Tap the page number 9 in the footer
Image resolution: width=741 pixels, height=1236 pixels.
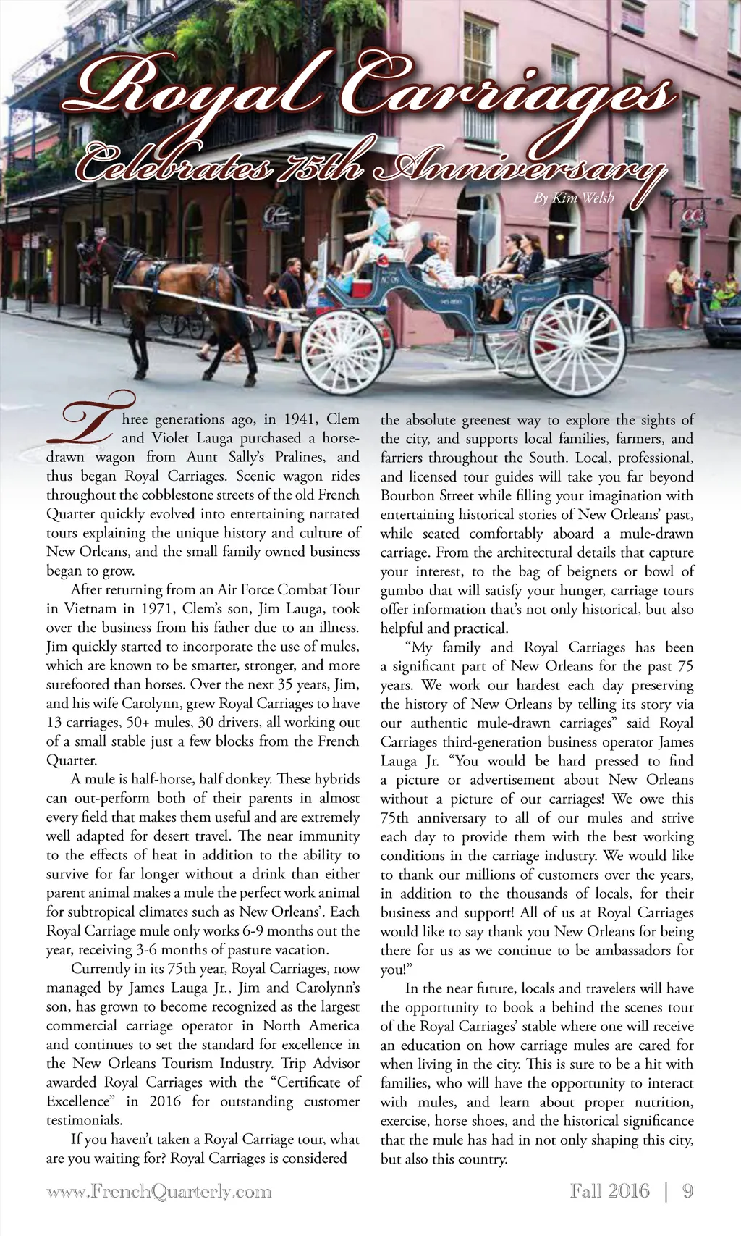point(687,1191)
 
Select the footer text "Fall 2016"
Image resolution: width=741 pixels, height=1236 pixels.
point(609,1191)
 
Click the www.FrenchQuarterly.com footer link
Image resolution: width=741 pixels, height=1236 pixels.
point(159,1192)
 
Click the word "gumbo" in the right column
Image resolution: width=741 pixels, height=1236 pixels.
point(402,590)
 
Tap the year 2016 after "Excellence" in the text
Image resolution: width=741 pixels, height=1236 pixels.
point(165,1101)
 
